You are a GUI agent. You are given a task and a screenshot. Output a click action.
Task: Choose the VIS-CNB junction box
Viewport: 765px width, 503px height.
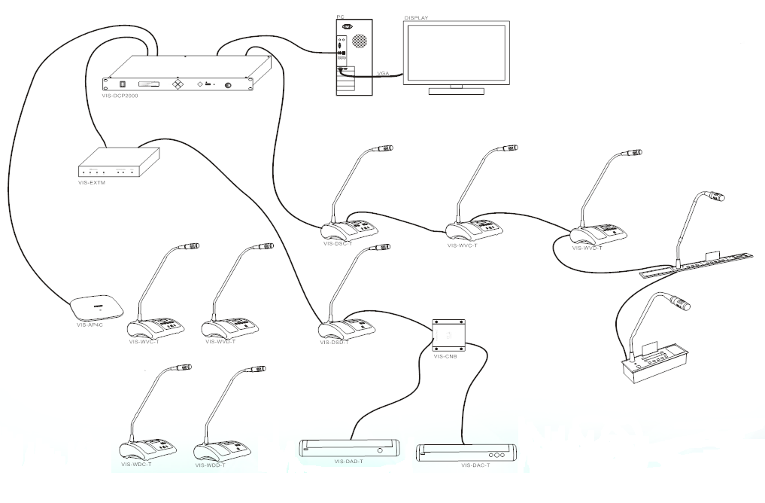[x=449, y=333]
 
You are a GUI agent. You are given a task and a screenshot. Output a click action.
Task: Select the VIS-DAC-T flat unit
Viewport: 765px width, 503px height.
[x=466, y=453]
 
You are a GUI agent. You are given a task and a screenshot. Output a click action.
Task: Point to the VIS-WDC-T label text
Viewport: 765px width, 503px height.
[x=136, y=465]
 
